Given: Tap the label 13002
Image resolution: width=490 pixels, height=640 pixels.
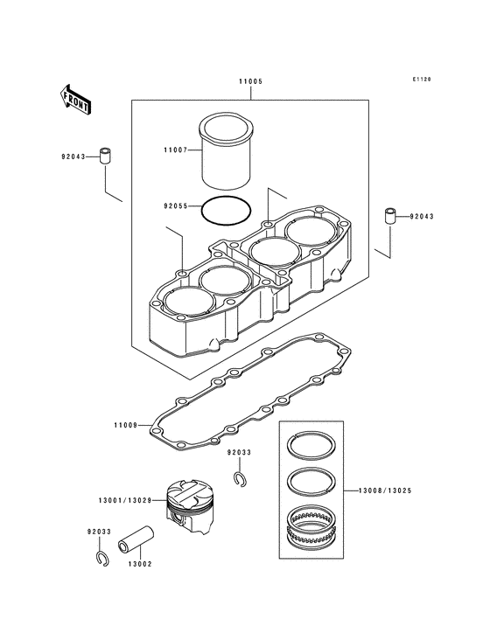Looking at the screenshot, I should [140, 564].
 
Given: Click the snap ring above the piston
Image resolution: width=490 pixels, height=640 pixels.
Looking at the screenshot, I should [240, 477].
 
